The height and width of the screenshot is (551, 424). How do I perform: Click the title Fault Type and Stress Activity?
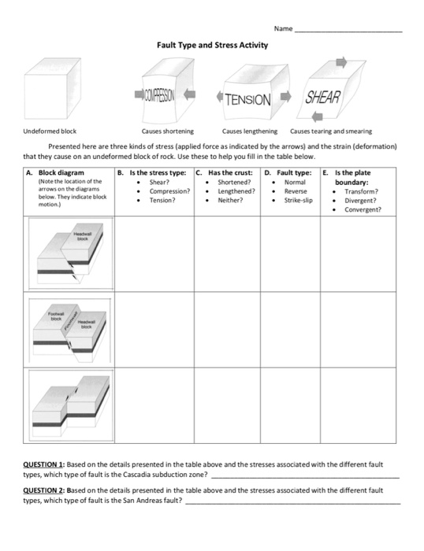[212, 45]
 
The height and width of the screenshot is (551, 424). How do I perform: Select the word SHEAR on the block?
[322, 96]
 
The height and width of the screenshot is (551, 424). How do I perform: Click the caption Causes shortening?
[167, 131]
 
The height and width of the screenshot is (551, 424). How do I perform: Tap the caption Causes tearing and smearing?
[331, 131]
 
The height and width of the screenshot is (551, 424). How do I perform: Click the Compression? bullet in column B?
[169, 191]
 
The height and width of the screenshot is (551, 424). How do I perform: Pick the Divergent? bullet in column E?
[362, 200]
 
